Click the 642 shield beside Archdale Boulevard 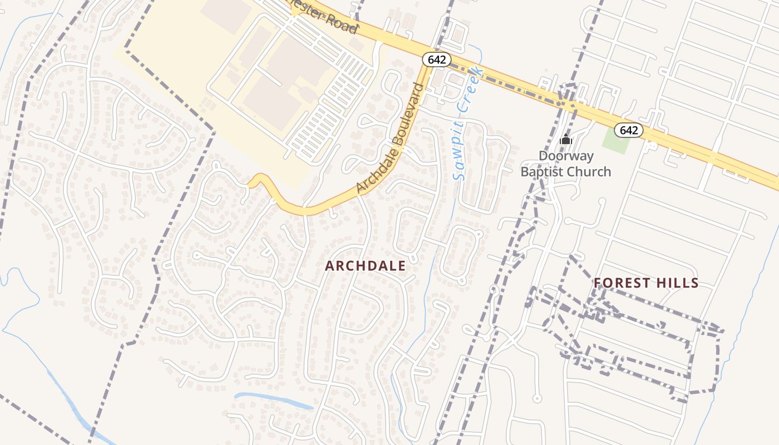pos(437,60)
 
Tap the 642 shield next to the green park pos(629,130)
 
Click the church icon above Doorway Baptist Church pos(566,139)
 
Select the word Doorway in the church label pos(566,156)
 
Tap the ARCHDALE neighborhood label pos(366,266)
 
